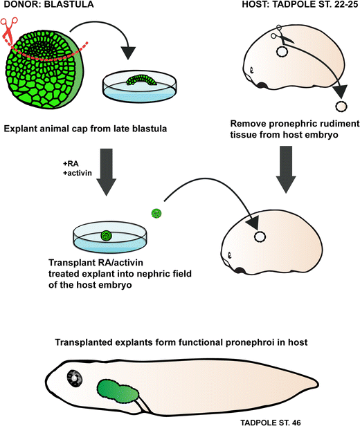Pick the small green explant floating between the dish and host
(156, 214)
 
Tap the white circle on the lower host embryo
(261, 236)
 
